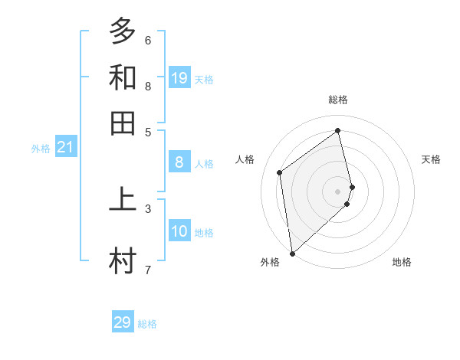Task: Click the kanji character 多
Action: coord(123,31)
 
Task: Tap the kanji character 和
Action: coord(123,77)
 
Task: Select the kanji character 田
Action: coord(123,123)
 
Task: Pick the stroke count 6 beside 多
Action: coord(148,40)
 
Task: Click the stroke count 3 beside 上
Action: coord(148,208)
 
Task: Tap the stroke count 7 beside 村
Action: coord(148,270)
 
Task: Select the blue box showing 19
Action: coord(179,77)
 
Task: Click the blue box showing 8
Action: coord(179,162)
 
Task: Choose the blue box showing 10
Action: coord(179,231)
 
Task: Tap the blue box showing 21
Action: coord(65,146)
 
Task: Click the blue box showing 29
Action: coord(123,322)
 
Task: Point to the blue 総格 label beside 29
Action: coord(147,324)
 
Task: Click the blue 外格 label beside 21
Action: coord(40,149)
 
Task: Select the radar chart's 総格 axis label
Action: coord(338,100)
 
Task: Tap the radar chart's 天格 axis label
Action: coord(432,159)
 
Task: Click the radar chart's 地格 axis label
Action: coord(402,262)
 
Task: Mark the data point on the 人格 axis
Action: coord(280,172)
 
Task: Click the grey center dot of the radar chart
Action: coord(338,191)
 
